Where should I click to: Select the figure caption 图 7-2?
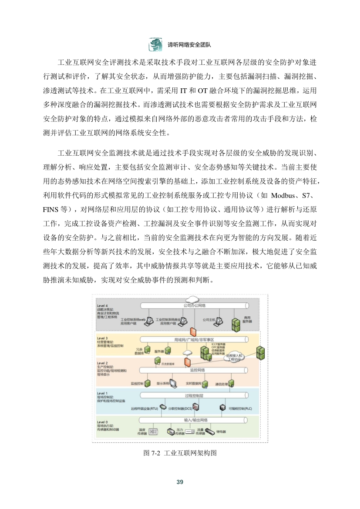coord(180,453)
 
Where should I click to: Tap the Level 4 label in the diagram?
coord(102,306)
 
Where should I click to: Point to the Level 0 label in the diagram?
coord(102,422)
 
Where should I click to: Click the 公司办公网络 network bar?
coord(194,305)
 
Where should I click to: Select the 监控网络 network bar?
coord(194,370)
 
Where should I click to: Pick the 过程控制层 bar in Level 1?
coord(194,396)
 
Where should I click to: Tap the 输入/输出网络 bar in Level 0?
coord(194,420)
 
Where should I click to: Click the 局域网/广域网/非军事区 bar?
coord(194,339)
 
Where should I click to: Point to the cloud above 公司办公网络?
coord(192,299)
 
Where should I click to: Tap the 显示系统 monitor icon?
coord(173,383)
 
